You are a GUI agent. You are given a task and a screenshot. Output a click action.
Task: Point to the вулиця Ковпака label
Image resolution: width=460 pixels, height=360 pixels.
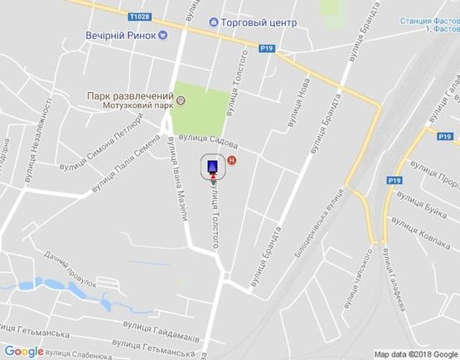pos(419,229)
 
